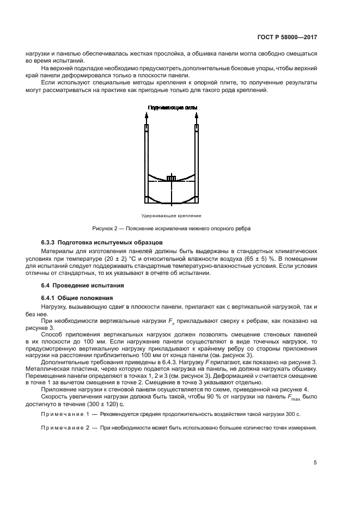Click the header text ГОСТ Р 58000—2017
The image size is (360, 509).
[x=287, y=38]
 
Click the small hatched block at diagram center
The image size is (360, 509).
[x=171, y=179]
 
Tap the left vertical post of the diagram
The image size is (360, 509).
[x=147, y=163]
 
